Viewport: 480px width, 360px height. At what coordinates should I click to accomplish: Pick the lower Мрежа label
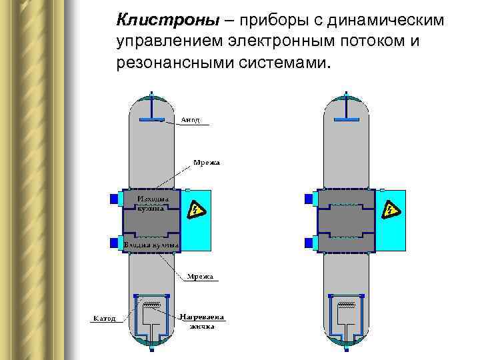click(199, 276)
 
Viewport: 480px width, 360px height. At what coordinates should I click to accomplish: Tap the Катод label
click(104, 318)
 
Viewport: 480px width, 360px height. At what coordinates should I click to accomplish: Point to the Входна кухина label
click(151, 245)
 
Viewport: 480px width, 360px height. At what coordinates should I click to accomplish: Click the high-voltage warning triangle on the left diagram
click(195, 211)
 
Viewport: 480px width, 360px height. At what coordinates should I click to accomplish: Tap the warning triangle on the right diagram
click(389, 211)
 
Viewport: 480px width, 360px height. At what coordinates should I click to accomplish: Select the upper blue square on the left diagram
click(113, 199)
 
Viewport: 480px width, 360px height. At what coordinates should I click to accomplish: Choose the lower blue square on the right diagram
click(308, 242)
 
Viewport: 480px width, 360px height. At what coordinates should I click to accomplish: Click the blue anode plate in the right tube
click(348, 119)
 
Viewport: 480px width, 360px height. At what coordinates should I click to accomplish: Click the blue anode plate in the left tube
click(153, 119)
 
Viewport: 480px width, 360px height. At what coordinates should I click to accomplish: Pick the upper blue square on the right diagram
click(308, 199)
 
